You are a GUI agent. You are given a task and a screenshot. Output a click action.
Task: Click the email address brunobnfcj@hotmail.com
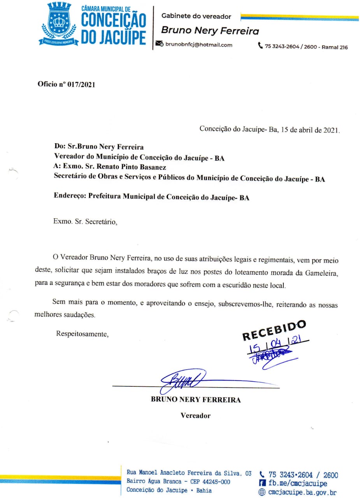[x=199, y=45]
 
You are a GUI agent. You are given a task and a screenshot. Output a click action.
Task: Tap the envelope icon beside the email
[x=159, y=44]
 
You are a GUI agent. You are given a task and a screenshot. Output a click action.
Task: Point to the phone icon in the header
[x=260, y=46]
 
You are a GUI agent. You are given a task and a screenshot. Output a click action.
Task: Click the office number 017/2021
[x=81, y=84]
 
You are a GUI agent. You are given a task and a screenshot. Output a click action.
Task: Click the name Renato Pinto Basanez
[x=133, y=167]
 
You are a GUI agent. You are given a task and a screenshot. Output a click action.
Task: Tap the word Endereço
[x=70, y=197]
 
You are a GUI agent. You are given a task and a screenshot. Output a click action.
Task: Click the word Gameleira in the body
[x=322, y=272]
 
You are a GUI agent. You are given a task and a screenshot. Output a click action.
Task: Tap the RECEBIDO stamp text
[x=274, y=330]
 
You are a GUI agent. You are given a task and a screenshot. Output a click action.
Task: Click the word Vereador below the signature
[x=195, y=416]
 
